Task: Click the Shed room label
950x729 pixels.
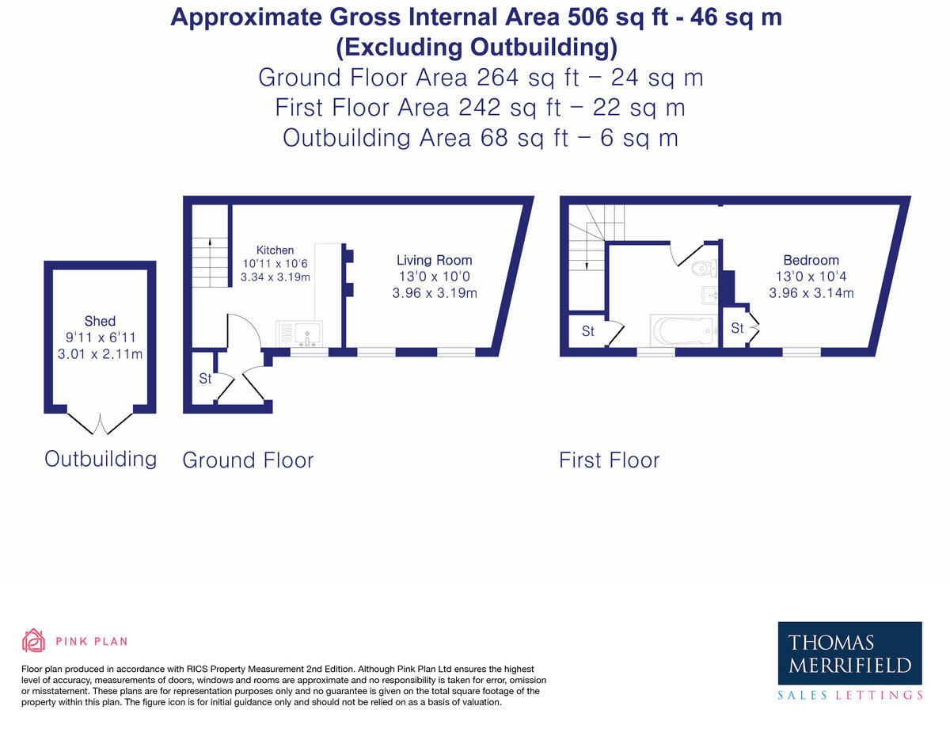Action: click(100, 321)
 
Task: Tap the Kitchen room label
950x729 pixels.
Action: click(275, 250)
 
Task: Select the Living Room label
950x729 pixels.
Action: click(434, 260)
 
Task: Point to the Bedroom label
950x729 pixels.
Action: click(811, 260)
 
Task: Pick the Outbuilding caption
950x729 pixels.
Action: click(101, 458)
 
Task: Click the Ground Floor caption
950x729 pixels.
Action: click(248, 460)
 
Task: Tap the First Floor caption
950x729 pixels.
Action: click(609, 460)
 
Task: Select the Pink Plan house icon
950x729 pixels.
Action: click(33, 640)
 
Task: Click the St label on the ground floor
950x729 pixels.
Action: click(205, 379)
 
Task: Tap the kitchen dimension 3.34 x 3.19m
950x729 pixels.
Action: click(275, 277)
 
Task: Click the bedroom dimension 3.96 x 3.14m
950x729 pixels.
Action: click(811, 292)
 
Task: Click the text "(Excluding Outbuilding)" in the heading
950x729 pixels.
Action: click(476, 48)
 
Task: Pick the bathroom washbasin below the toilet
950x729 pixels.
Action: click(710, 296)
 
